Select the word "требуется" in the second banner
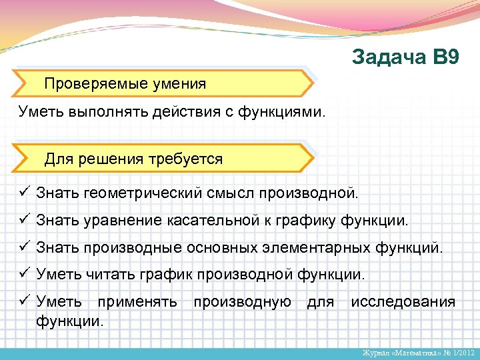[186, 159]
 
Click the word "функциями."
[284, 111]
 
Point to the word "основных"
[221, 248]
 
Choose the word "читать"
[107, 274]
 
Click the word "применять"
[137, 302]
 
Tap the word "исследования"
[403, 302]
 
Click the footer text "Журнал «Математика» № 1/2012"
[417, 352]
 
